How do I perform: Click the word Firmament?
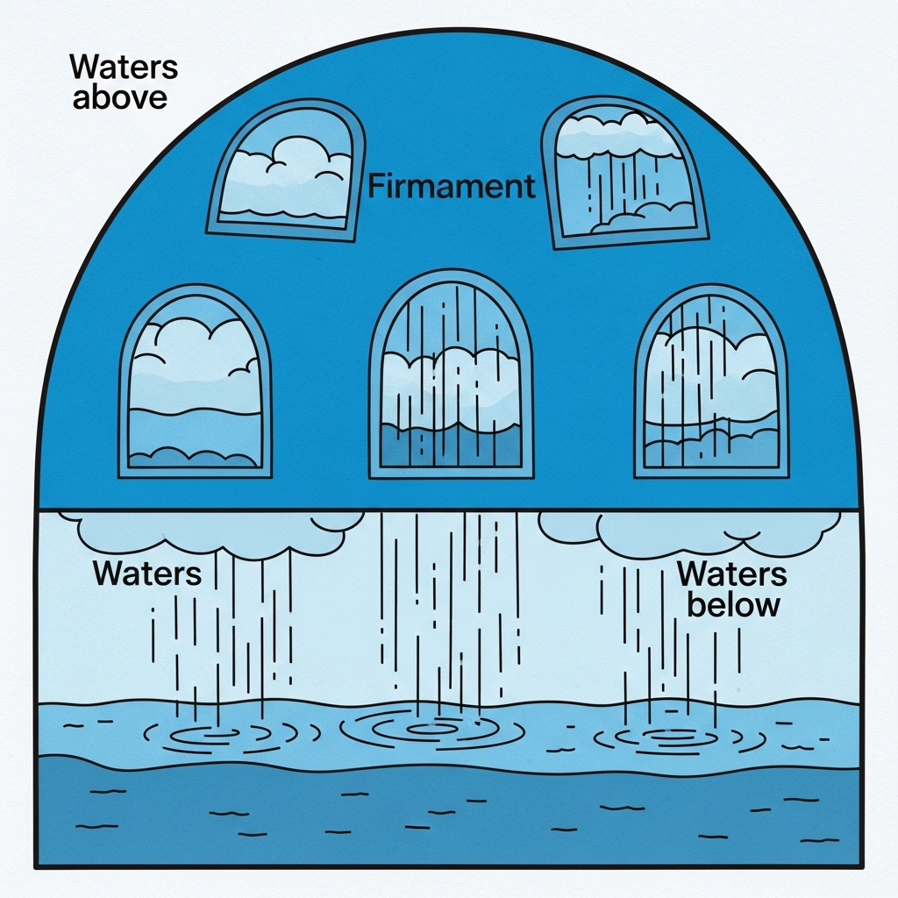pos(452,187)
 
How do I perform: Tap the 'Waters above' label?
pos(125,82)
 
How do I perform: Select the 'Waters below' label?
pos(732,589)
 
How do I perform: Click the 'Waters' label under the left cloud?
pos(146,574)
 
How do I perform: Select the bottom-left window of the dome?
pos(195,381)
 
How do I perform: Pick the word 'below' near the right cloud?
pos(733,604)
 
